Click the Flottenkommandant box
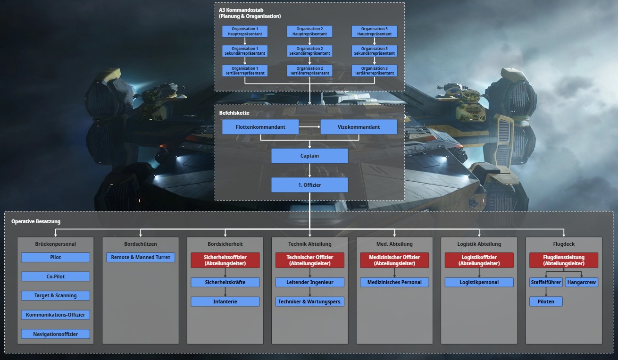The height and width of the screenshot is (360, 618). (260, 127)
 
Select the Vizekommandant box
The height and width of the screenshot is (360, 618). (359, 127)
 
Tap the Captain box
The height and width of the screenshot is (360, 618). (309, 156)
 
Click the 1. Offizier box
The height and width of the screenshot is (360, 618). (309, 185)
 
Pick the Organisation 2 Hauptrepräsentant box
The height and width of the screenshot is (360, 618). (309, 32)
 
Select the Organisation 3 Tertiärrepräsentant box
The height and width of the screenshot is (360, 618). (374, 71)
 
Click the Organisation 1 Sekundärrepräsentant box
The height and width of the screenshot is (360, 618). (245, 51)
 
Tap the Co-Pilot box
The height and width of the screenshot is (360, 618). (55, 276)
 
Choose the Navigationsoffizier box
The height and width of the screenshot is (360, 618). (55, 334)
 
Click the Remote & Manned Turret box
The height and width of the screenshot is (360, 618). (141, 257)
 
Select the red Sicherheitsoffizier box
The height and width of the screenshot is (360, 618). (225, 260)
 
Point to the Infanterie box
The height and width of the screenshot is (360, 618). (225, 301)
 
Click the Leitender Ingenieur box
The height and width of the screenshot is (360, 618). (310, 282)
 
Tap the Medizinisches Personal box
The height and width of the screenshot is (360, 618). (394, 282)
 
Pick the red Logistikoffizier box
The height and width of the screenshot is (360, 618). (479, 260)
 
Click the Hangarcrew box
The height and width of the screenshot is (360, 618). (582, 282)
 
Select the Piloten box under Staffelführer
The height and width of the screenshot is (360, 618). (546, 301)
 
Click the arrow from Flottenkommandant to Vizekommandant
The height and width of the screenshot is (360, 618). (309, 127)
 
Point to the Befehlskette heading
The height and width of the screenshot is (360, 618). (234, 113)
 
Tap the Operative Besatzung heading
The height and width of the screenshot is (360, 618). (36, 221)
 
